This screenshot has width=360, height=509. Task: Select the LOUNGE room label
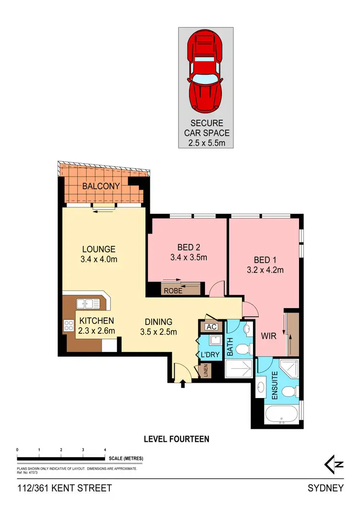pyautogui.click(x=98, y=249)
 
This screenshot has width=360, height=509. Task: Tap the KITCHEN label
pyautogui.click(x=96, y=321)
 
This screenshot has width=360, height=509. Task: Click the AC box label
pyautogui.click(x=211, y=327)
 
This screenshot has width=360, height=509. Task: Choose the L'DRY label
pyautogui.click(x=211, y=355)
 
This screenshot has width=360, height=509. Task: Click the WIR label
pyautogui.click(x=268, y=336)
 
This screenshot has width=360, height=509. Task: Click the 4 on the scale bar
pyautogui.click(x=105, y=449)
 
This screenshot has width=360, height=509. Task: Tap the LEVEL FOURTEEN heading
pyautogui.click(x=177, y=439)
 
